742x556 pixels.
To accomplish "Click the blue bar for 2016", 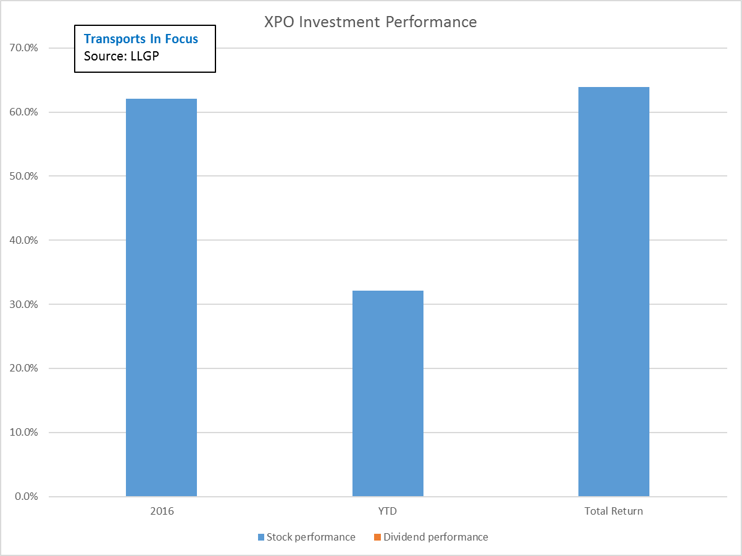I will click(161, 297).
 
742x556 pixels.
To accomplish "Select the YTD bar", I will click(388, 393).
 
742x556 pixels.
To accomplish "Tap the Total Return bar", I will click(614, 291).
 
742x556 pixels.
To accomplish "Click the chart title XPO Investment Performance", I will click(370, 22).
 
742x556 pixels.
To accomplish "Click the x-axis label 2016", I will click(161, 512).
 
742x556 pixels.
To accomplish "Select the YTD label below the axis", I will click(388, 512).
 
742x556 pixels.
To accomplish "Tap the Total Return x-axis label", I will click(614, 512).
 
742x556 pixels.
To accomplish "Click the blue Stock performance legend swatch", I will click(261, 537).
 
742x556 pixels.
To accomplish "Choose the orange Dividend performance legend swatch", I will click(377, 537).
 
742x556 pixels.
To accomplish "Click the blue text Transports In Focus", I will click(141, 39).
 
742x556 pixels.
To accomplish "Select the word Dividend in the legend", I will click(403, 537).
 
